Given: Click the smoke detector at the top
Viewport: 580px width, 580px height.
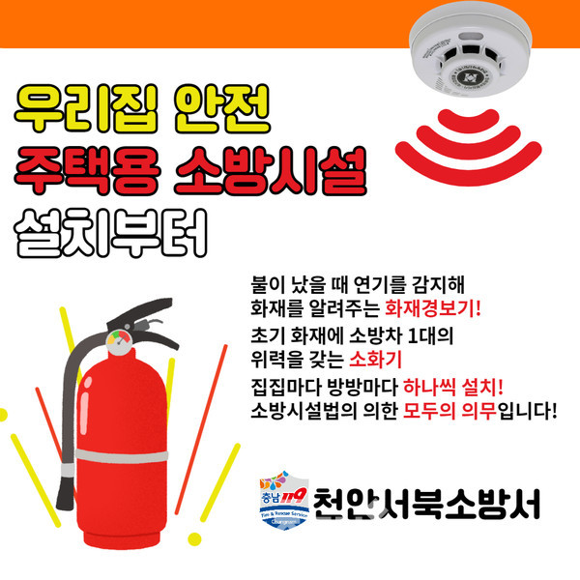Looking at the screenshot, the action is pyautogui.click(x=471, y=49).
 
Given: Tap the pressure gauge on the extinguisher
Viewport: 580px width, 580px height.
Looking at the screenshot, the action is pyautogui.click(x=119, y=342).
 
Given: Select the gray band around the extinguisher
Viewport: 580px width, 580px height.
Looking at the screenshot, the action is pyautogui.click(x=122, y=456).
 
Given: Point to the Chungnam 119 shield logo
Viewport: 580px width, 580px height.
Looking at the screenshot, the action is pyautogui.click(x=284, y=500).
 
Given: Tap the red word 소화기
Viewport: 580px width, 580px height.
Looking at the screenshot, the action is pyautogui.click(x=375, y=359).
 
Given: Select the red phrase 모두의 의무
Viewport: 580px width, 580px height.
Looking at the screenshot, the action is pyautogui.click(x=449, y=410).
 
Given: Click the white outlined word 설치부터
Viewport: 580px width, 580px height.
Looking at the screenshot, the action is pyautogui.click(x=110, y=233).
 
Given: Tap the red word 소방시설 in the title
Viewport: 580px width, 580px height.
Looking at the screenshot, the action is pyautogui.click(x=271, y=170).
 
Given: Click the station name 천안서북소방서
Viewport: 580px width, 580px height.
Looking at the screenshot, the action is pyautogui.click(x=426, y=504).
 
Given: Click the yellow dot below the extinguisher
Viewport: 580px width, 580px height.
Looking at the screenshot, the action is pyautogui.click(x=194, y=539).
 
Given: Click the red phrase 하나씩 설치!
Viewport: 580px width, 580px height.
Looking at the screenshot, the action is pyautogui.click(x=453, y=387).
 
